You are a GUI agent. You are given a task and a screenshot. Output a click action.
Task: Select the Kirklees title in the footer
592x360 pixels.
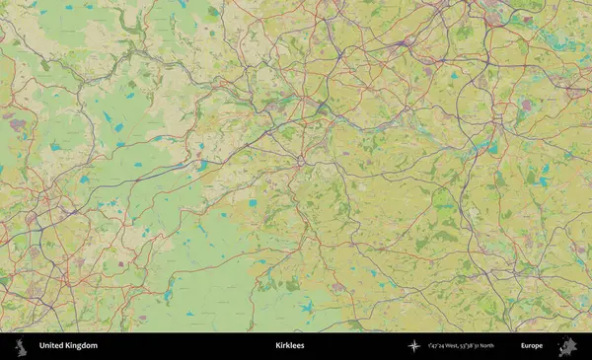pyautogui.click(x=289, y=346)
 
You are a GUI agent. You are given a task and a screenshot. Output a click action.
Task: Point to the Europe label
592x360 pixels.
pyautogui.click(x=532, y=346)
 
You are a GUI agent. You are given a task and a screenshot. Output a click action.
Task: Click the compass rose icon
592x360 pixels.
pyautogui.click(x=414, y=346)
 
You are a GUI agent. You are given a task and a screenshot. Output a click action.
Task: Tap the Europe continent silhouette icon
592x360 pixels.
pyautogui.click(x=567, y=346)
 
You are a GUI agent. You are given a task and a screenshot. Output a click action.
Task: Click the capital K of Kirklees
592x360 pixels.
pyautogui.click(x=277, y=346)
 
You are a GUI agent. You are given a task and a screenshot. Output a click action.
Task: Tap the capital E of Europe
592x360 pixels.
pyautogui.click(x=523, y=346)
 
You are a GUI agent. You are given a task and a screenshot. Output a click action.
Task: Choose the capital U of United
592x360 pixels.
pyautogui.click(x=41, y=346)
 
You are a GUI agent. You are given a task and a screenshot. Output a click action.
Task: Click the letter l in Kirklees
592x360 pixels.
pyautogui.click(x=290, y=346)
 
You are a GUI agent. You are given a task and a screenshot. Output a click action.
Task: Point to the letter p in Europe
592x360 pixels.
pyautogui.click(x=537, y=347)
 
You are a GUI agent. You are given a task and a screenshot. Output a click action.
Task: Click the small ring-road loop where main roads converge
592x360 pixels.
pyautogui.click(x=300, y=159)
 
